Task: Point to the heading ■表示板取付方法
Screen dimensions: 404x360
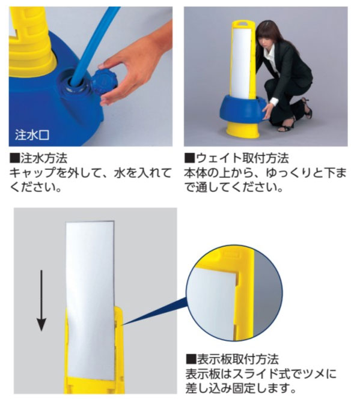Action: tap(232, 360)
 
